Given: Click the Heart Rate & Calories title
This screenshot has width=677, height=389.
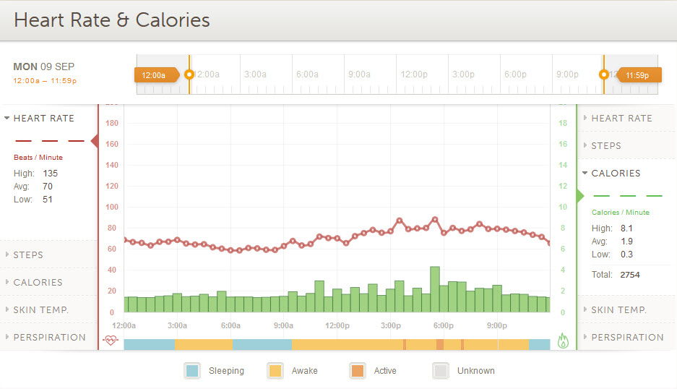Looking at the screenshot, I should (x=112, y=20).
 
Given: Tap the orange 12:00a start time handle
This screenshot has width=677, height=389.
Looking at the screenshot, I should (x=155, y=74).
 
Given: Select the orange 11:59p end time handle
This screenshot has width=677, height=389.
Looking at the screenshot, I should (x=637, y=74).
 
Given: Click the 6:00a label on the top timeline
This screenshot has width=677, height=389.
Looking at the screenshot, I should (x=307, y=74).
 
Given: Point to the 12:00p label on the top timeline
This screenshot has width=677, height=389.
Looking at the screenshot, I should (x=414, y=74).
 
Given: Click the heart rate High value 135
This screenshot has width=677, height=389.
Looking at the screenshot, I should (x=50, y=174).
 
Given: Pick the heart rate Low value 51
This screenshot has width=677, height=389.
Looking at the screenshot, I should (x=48, y=200).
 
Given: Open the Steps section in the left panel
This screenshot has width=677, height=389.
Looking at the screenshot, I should (x=28, y=255).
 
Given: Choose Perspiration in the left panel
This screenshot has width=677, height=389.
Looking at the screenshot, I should (x=49, y=337).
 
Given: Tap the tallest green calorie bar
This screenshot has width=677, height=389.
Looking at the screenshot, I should (x=435, y=289).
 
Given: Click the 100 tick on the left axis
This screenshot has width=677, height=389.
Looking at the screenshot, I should (x=112, y=207).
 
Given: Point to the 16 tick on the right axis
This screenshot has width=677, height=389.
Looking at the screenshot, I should (x=563, y=144).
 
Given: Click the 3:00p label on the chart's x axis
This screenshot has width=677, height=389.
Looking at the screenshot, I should (x=391, y=325).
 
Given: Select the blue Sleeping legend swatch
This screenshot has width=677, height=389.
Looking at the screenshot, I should (x=191, y=371).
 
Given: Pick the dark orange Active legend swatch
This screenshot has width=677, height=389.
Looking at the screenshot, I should (x=357, y=371).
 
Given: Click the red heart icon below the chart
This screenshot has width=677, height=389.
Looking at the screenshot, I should (x=111, y=340).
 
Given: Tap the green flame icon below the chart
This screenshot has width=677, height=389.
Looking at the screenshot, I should (x=564, y=341).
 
